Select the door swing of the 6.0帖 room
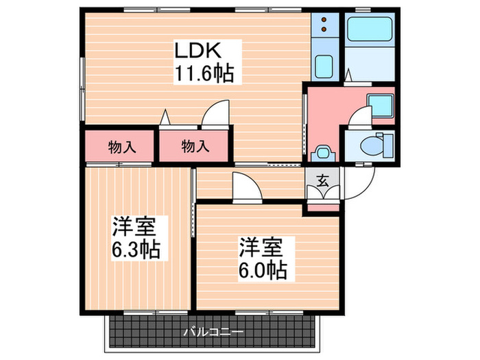245,186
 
